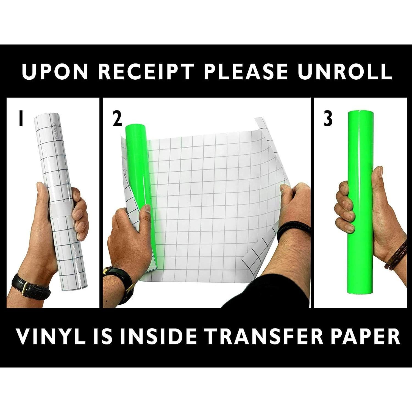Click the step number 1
[21, 119]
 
